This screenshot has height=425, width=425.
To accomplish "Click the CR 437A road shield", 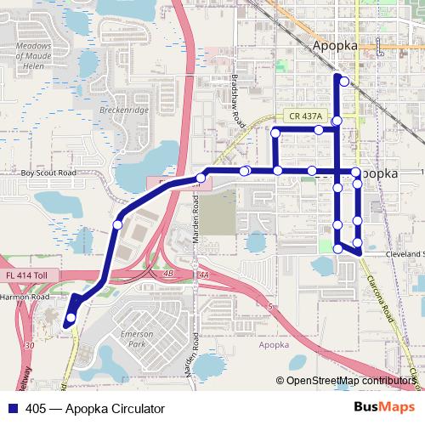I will pyautogui.click(x=304, y=116).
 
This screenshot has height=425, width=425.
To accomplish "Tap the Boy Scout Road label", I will pyautogui.click(x=48, y=173).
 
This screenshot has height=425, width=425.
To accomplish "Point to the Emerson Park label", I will pyautogui.click(x=137, y=339).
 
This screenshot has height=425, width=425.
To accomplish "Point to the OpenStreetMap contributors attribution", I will pyautogui.click(x=351, y=381).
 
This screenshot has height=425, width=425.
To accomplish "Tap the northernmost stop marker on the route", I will pyautogui.click(x=343, y=82).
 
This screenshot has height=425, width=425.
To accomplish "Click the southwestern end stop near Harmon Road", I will pyautogui.click(x=71, y=318).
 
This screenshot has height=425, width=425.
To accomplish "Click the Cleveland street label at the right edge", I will pyautogui.click(x=405, y=254).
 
